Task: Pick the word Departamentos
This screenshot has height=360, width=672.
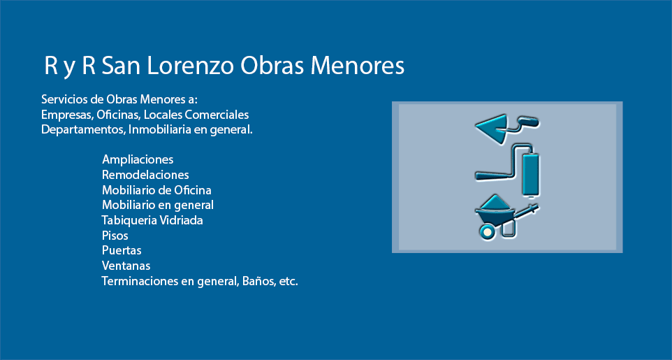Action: pos(78,129)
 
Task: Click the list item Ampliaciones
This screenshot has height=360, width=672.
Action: pos(138,159)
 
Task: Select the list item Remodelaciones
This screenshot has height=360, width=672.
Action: pos(145,175)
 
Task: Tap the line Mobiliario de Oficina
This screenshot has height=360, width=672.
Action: pos(156,190)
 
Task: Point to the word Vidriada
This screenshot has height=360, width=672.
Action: pos(180,220)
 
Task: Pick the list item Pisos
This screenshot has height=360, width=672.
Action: pos(115,236)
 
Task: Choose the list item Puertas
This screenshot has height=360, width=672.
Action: pos(122,250)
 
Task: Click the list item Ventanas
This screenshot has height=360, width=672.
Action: pos(126,266)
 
